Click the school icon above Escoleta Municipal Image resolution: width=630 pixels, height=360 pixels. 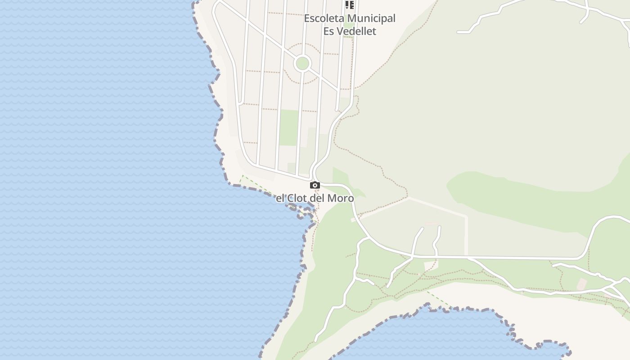(x=350, y=5)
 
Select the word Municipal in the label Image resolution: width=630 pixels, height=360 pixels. (x=372, y=18)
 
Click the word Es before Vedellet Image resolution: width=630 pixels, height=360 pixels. (x=328, y=31)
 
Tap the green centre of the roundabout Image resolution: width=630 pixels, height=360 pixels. (x=302, y=63)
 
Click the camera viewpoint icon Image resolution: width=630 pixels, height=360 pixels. (x=315, y=185)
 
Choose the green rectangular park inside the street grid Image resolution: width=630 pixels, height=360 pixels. (x=288, y=127)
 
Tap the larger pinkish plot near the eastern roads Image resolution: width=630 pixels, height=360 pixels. (x=582, y=284)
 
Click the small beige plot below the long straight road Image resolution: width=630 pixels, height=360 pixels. (x=430, y=265)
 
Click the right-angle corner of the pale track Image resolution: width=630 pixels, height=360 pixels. (x=466, y=217)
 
